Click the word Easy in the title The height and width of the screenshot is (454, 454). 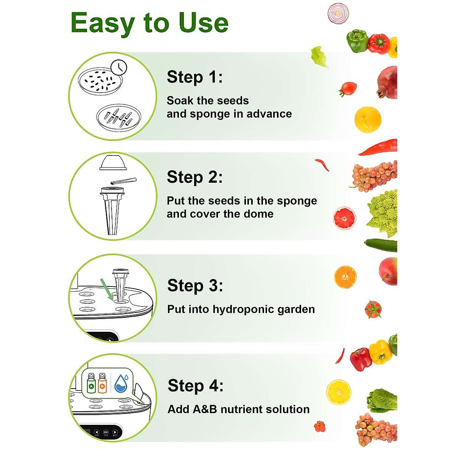[x=103, y=23]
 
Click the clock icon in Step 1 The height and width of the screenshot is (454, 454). [x=119, y=67]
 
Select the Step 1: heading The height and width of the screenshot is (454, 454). [x=194, y=77]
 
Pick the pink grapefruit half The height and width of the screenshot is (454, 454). [x=344, y=218]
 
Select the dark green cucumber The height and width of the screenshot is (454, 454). [x=381, y=245]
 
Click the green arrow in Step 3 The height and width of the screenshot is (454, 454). [x=106, y=289]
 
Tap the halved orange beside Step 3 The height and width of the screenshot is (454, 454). [x=345, y=277]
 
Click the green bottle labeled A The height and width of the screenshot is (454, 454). [x=91, y=383]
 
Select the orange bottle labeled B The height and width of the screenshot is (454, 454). [x=102, y=383]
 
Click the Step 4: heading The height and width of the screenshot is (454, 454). [x=195, y=386]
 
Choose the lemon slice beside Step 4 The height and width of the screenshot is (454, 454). [x=339, y=392]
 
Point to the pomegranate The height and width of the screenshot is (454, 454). [x=388, y=83]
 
